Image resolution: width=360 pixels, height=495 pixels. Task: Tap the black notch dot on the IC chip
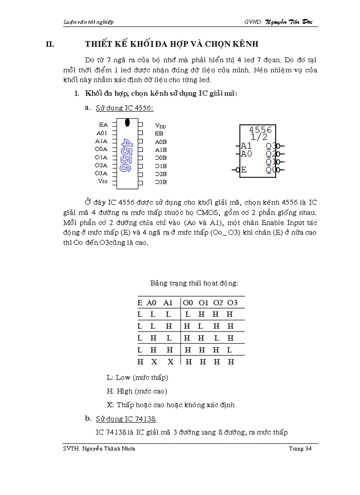[x=127, y=122]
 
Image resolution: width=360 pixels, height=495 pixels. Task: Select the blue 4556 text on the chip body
[x=127, y=155]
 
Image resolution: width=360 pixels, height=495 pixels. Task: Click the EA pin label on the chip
[x=103, y=125]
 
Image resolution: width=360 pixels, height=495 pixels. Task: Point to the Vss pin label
[x=102, y=181]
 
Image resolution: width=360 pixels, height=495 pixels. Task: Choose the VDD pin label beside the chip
[x=161, y=126]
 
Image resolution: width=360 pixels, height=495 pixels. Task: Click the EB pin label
[x=159, y=133]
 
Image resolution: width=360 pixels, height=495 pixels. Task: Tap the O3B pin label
[x=161, y=182]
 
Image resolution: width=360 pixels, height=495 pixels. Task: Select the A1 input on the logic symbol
[x=246, y=145]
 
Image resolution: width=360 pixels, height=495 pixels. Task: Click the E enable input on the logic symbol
[x=244, y=170]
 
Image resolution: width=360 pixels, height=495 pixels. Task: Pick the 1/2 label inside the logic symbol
[x=259, y=137]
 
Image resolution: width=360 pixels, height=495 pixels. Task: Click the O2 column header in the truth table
[x=218, y=302]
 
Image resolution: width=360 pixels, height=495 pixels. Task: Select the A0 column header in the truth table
[x=152, y=302]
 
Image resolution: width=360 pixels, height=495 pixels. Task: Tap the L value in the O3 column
[x=230, y=350]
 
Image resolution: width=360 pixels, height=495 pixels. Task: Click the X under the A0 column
[x=154, y=362]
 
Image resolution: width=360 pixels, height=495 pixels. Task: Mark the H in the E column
[x=140, y=362]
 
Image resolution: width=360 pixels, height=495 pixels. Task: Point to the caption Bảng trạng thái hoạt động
[x=194, y=283]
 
